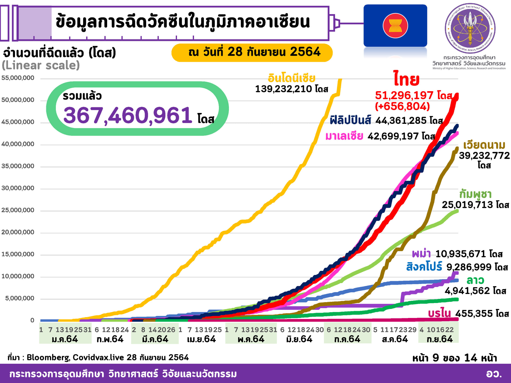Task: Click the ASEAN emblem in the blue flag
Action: pyautogui.click(x=395, y=26)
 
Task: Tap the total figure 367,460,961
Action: pyautogui.click(x=128, y=115)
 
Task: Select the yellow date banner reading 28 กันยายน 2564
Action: pyautogui.click(x=252, y=52)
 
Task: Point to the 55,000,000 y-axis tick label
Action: pyautogui.click(x=18, y=78)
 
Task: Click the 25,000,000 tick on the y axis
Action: pyautogui.click(x=18, y=210)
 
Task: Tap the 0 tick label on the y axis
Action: pyautogui.click(x=32, y=320)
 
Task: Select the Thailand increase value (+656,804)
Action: pyautogui.click(x=402, y=106)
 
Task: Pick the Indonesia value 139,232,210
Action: pyautogui.click(x=283, y=89)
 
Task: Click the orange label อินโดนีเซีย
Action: pyautogui.click(x=291, y=78)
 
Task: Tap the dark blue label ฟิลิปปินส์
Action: pyautogui.click(x=350, y=120)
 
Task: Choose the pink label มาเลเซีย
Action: pyautogui.click(x=344, y=136)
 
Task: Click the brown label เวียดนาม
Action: pyautogui.click(x=484, y=145)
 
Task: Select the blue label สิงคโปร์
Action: pyautogui.click(x=424, y=267)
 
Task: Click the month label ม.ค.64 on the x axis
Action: pyautogui.click(x=65, y=339)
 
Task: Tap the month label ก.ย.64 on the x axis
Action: pyautogui.click(x=440, y=339)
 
